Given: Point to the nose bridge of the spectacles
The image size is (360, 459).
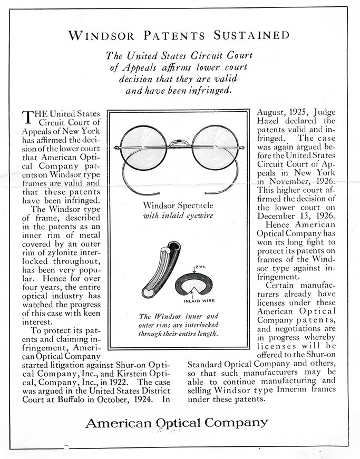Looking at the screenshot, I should pyautogui.click(x=179, y=141).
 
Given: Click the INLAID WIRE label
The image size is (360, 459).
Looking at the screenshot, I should pyautogui.click(x=198, y=301).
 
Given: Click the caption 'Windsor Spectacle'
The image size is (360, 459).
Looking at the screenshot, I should pyautogui.click(x=179, y=205).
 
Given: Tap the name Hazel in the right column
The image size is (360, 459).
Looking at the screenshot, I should pyautogui.click(x=271, y=122).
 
